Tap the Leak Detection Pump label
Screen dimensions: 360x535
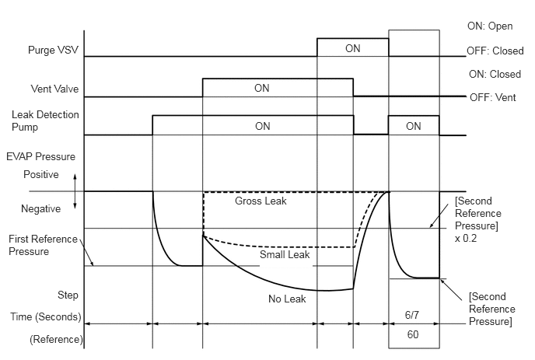click(37, 121)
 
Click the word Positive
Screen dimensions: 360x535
click(40, 175)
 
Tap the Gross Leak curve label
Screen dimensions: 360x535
click(261, 201)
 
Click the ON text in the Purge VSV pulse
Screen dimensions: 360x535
click(352, 48)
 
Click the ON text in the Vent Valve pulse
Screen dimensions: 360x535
click(262, 88)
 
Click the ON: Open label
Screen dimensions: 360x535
click(492, 26)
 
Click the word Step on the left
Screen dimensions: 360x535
click(68, 295)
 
